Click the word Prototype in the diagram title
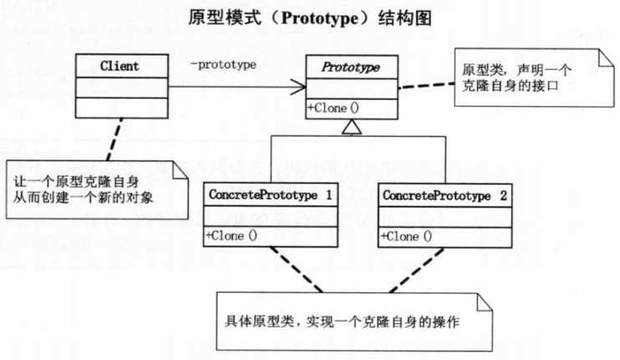coord(320,18)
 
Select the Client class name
coord(119,66)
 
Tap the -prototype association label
coord(223,65)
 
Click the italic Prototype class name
coord(351,67)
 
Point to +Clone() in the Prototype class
coord(333,108)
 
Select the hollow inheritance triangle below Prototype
coord(352,127)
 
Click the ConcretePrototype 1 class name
coord(270,195)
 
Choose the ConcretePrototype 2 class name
coord(445,195)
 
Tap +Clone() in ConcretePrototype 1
coord(231,236)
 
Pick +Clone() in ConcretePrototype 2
coord(406,236)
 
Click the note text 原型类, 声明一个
coord(516,70)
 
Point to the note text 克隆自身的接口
coord(510,86)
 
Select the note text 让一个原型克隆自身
coord(76,182)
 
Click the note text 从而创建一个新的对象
coord(83,197)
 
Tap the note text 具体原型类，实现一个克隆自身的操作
coord(342,322)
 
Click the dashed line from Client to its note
coord(114,139)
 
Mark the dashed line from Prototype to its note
coord(426,85)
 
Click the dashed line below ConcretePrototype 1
coord(297,270)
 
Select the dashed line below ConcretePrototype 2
coord(416,271)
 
